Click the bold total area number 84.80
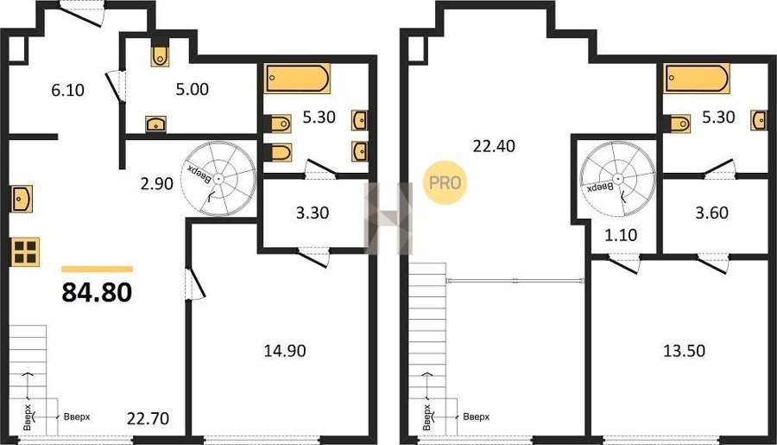pos(97,292)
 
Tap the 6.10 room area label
pos(68,90)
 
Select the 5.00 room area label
pos(193,89)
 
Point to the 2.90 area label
pos(156,183)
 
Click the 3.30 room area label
pos(313,213)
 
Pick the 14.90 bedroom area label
pos(285,351)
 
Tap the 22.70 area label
pos(148,418)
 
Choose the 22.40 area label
pos(494,146)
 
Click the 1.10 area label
pos(621,235)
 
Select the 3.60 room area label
pos(711,213)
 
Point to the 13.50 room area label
pos(685,351)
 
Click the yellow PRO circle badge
pos(445,182)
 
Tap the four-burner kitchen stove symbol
pos(25,252)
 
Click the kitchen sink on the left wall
pos(22,199)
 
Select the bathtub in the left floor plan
pos(297,79)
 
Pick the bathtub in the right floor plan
pos(697,79)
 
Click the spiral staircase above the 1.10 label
pos(617,179)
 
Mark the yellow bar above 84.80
pos(97,270)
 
